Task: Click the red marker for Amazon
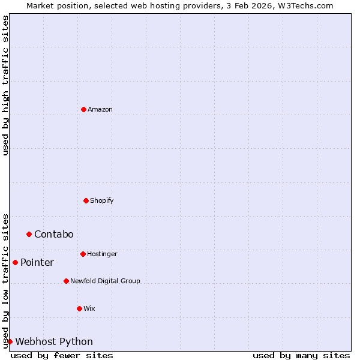tap(83, 109)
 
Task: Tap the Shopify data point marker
tap(86, 200)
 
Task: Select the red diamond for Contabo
tap(29, 234)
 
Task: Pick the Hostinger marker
tap(83, 254)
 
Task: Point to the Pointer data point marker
tap(15, 262)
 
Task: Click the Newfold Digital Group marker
tap(66, 281)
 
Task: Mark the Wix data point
tap(79, 308)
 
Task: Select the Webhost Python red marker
tap(10, 341)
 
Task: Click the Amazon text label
tap(100, 109)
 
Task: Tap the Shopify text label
tap(102, 200)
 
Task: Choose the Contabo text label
tap(54, 234)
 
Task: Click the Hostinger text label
tap(103, 254)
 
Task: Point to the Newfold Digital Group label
tap(105, 281)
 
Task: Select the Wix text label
tap(89, 308)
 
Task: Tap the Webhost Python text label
tap(54, 341)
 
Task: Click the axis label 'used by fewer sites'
tap(62, 355)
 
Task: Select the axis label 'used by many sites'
tap(301, 355)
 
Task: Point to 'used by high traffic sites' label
tap(5, 85)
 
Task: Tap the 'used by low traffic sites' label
tap(5, 281)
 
